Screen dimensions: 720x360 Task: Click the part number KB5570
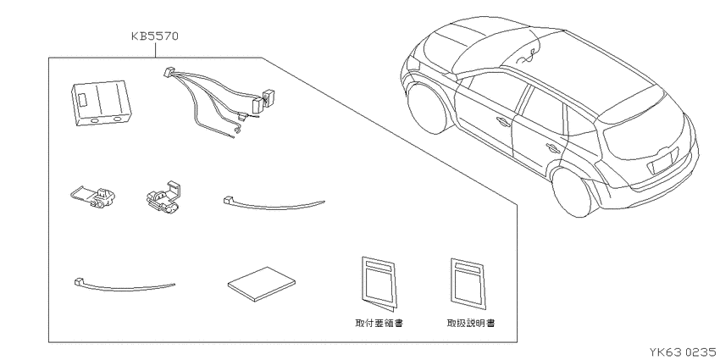click(x=155, y=36)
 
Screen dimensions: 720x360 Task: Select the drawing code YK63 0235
click(x=684, y=352)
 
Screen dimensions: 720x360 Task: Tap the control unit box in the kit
click(x=101, y=103)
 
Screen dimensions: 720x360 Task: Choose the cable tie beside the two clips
click(x=274, y=206)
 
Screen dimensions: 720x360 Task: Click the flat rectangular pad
click(x=261, y=285)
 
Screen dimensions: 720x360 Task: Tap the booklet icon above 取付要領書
click(x=379, y=283)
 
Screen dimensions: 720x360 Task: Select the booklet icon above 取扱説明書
click(x=468, y=283)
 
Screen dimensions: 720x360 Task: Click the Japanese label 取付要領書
click(x=379, y=323)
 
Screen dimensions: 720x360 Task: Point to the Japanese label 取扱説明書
click(x=471, y=323)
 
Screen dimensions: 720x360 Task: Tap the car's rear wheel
click(x=574, y=192)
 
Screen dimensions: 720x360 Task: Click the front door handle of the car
click(x=502, y=121)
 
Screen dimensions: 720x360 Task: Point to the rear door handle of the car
click(x=553, y=147)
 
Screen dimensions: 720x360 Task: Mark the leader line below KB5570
click(x=155, y=51)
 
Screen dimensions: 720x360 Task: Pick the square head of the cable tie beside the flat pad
click(x=78, y=280)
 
